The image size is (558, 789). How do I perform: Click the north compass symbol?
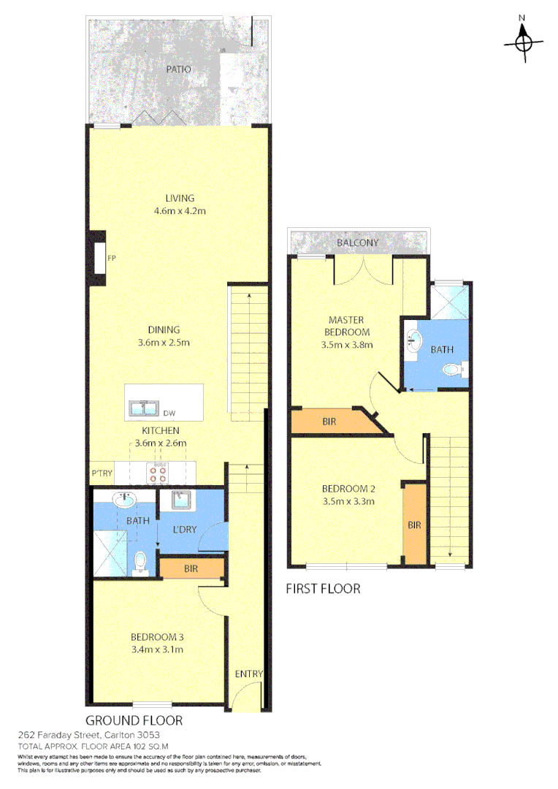(523, 41)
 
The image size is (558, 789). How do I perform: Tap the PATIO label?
(177, 69)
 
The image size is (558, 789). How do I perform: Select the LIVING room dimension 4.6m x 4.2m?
(179, 211)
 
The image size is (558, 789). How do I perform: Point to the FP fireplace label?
(112, 258)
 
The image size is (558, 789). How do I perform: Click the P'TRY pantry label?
(101, 473)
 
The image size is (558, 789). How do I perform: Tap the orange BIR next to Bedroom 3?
(191, 567)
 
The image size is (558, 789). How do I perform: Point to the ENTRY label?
(248, 674)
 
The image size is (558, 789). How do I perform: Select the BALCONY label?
(357, 243)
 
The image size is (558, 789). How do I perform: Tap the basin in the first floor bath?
(414, 339)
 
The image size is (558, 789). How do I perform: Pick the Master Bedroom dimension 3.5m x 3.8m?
(347, 346)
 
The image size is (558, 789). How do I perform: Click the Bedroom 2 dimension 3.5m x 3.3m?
(348, 502)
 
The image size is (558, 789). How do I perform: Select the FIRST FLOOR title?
(323, 588)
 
